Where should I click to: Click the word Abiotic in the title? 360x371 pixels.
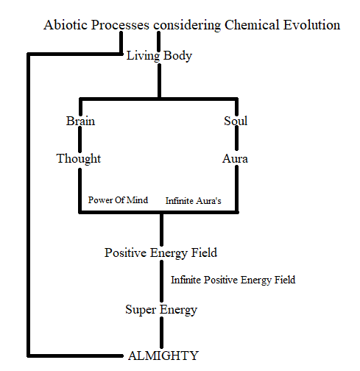66,25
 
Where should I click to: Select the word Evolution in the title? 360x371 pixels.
311,25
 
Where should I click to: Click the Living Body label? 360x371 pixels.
159,56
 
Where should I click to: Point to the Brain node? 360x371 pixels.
80,121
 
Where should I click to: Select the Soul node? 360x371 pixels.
236,121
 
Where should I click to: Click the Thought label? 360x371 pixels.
79,159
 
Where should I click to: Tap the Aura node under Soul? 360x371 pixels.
235,159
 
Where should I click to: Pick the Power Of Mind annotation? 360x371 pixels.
118,200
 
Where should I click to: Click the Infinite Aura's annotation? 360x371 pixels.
194,201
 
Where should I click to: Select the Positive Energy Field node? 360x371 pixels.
160,253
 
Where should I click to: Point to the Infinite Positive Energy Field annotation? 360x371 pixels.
233,280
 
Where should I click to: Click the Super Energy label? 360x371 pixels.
161,310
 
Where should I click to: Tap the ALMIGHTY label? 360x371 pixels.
163,356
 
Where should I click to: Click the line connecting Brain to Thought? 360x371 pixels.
80,139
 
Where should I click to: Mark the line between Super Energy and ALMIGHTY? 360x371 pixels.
161,333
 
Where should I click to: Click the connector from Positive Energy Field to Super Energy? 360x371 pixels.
161,281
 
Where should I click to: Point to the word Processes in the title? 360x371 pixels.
120,25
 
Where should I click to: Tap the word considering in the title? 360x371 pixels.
187,26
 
